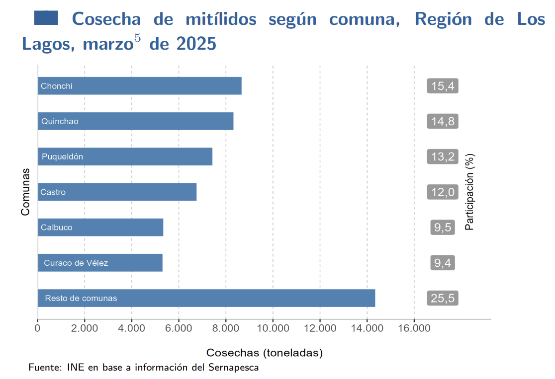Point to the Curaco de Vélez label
76,263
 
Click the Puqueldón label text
62,156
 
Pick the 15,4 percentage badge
442,86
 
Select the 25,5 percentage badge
442,298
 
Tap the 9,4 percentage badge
442,263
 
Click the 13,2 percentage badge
442,156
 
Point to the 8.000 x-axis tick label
226,328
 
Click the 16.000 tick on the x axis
414,328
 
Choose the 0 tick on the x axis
38,328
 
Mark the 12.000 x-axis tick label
320,328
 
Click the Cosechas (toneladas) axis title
265,353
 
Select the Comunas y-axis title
25,192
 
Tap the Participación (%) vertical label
469,192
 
